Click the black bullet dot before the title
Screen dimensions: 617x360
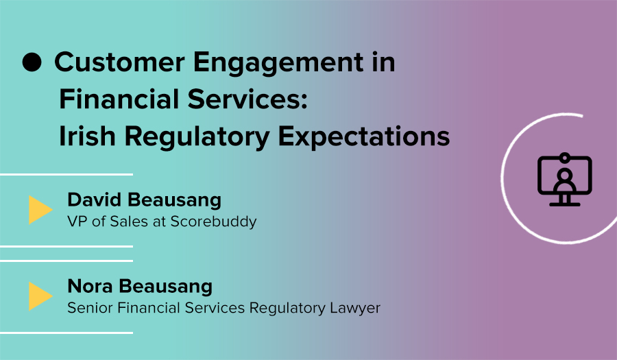(x=32, y=62)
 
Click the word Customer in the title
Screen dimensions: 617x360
(x=119, y=62)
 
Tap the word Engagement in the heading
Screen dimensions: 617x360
(x=278, y=63)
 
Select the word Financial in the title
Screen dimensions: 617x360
(x=119, y=99)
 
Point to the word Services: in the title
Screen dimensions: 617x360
(x=247, y=99)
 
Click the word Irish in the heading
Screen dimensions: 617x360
(x=87, y=136)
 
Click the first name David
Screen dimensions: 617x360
(x=95, y=200)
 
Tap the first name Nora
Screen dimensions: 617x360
(x=90, y=286)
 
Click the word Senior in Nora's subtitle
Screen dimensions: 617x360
(x=90, y=308)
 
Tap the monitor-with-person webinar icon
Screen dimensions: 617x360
(x=565, y=180)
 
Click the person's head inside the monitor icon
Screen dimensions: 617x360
(x=565, y=174)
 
